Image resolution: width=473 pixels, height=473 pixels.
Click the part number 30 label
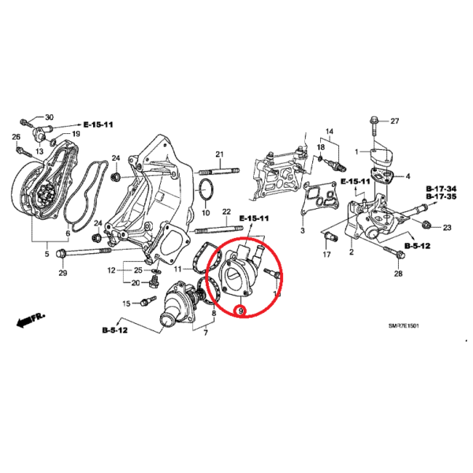(x=48, y=117)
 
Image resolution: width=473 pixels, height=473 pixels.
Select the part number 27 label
(x=395, y=121)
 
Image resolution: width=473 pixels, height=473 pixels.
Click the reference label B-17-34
(x=441, y=189)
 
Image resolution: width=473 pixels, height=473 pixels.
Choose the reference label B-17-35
(x=441, y=197)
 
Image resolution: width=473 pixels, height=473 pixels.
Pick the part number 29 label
(x=63, y=273)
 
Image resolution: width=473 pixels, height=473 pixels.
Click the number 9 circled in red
(x=240, y=310)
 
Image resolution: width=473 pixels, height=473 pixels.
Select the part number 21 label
(x=221, y=153)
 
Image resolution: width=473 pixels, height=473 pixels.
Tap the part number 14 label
(x=330, y=131)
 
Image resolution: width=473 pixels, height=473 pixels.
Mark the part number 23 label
(x=446, y=227)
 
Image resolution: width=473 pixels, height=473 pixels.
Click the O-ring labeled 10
(x=206, y=190)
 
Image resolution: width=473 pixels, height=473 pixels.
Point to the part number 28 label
(x=398, y=273)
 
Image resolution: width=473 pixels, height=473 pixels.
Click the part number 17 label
(x=326, y=255)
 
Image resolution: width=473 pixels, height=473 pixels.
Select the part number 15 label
(x=126, y=304)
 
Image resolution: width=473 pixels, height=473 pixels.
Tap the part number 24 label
(x=115, y=158)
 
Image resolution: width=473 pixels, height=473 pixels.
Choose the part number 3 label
(x=302, y=231)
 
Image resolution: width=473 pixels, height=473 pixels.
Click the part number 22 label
(x=226, y=212)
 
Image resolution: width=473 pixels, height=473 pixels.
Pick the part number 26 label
(x=15, y=137)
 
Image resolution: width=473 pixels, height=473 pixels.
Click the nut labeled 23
(x=426, y=227)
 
